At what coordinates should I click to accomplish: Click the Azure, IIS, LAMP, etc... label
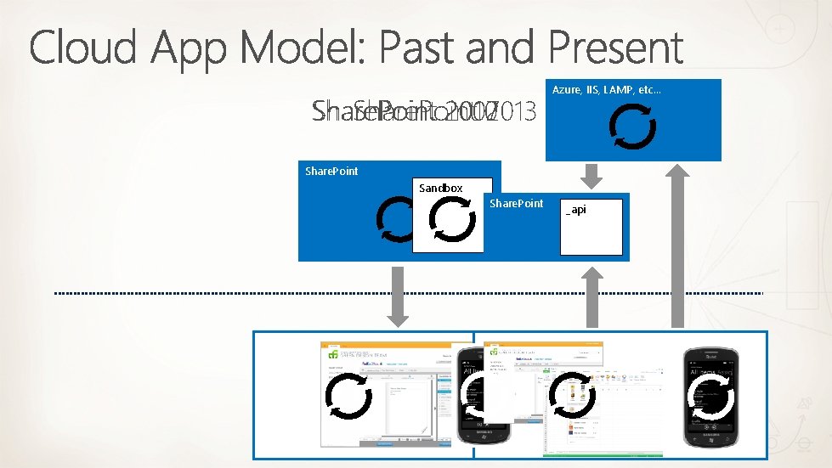click(607, 89)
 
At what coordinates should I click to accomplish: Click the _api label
click(576, 210)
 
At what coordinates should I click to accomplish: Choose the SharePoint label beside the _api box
click(517, 204)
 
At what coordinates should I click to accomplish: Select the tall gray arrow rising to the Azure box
click(677, 246)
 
